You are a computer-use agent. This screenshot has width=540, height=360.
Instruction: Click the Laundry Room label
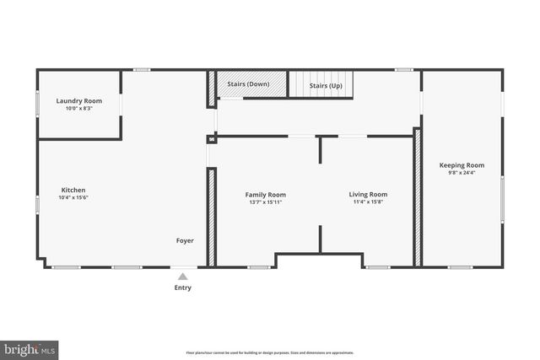pos(79,101)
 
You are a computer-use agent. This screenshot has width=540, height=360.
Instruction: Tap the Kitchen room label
pos(73,190)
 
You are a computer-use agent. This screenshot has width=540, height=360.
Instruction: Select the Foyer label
pos(185,240)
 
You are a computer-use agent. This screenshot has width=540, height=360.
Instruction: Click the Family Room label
pos(266,195)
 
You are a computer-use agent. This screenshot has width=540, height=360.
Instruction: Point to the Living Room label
pos(368,195)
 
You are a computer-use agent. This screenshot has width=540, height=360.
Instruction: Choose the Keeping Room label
pos(462,165)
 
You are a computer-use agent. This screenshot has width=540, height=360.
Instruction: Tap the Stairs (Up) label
pos(326,85)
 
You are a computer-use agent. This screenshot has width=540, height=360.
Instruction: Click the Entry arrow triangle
pos(183,276)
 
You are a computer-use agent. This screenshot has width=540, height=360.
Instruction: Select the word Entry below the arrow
pos(183,287)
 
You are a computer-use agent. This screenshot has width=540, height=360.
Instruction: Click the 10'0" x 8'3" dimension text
pos(79,109)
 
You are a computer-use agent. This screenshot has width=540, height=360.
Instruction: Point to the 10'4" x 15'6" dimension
pos(73,197)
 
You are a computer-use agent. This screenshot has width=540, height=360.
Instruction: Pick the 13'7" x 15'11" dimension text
pos(266,202)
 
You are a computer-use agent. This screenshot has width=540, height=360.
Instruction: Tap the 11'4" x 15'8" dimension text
pos(368,202)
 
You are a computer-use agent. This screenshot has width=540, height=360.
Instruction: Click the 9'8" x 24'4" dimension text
pos(462,173)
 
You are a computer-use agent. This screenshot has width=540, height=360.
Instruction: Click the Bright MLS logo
pos(30,348)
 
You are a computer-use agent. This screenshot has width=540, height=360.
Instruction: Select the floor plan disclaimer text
pos(270,352)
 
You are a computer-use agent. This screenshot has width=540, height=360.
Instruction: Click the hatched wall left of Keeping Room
pos(417,198)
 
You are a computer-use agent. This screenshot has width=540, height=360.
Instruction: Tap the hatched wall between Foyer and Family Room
pos(212,218)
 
